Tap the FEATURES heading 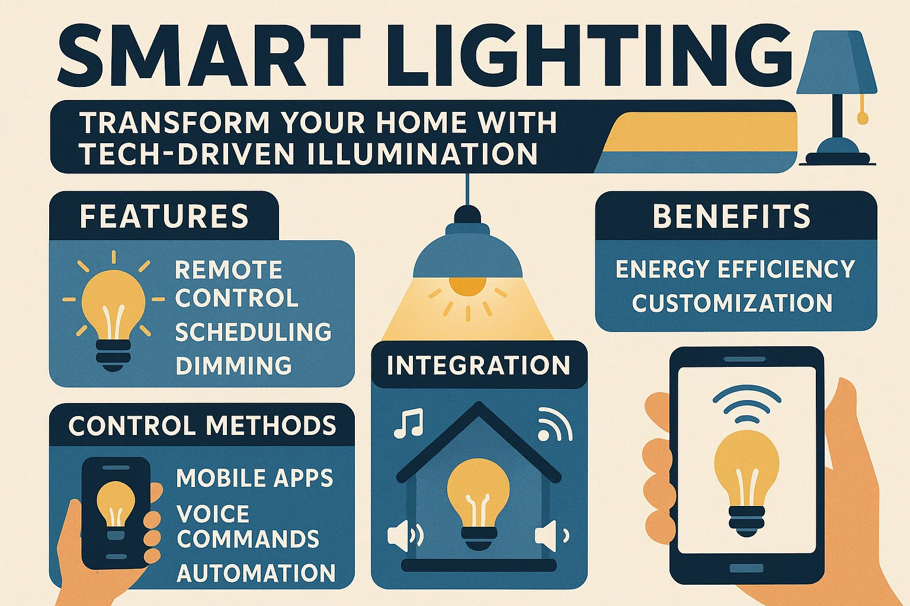[x=164, y=216]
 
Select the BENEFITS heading [x=731, y=216]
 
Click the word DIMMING [x=233, y=366]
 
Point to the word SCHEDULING [x=253, y=332]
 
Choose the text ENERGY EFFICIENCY [x=735, y=269]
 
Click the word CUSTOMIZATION [x=732, y=304]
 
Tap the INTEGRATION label [x=478, y=365]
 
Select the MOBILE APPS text [x=255, y=478]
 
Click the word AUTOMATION [x=256, y=573]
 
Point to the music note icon [x=409, y=423]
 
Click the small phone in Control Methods [x=115, y=512]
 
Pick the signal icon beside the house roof [x=555, y=425]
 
